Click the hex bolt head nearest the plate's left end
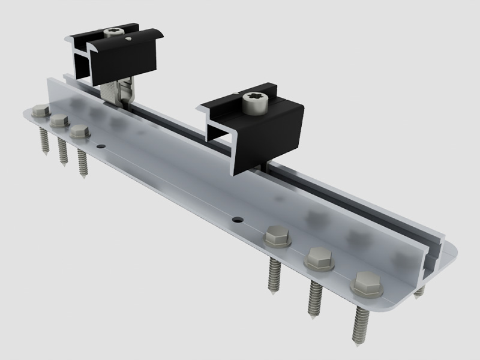coord(40,110)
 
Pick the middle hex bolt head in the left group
coord(58,120)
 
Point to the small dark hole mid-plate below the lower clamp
coord(238,220)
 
